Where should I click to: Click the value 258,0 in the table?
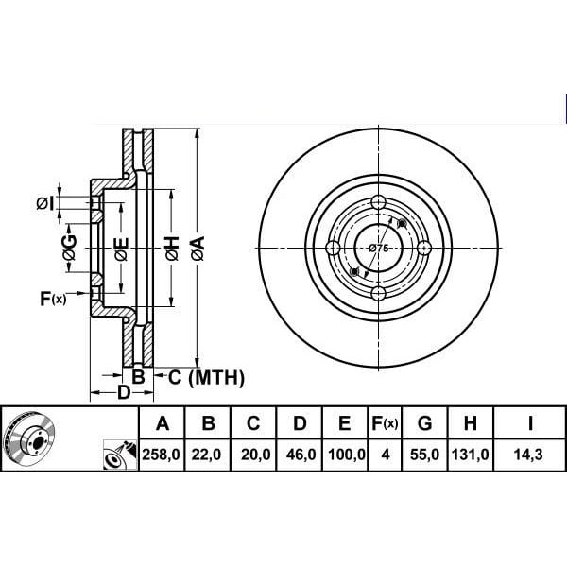click(162, 455)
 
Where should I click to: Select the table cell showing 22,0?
click(206, 455)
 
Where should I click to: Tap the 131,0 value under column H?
click(470, 455)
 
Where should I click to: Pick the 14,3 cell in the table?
click(528, 455)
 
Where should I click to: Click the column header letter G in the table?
click(424, 422)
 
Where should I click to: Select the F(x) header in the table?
click(385, 422)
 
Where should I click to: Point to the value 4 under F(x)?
click(386, 455)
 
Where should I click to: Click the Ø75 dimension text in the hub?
click(379, 248)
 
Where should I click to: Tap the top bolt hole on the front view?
click(379, 202)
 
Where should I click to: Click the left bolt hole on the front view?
click(333, 248)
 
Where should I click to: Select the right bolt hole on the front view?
click(424, 248)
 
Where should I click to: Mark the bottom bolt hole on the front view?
click(379, 294)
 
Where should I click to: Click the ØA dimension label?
click(198, 249)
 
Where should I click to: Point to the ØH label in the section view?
click(173, 249)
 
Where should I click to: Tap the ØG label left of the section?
click(69, 248)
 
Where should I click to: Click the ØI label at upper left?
click(45, 203)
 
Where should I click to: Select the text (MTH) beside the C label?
click(216, 378)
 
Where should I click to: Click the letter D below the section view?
click(124, 392)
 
